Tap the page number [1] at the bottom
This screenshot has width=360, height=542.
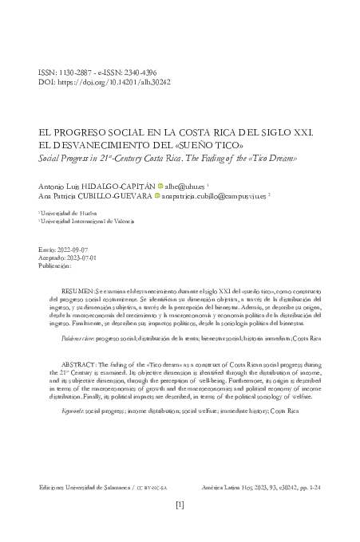pyautogui.click(x=180, y=505)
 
